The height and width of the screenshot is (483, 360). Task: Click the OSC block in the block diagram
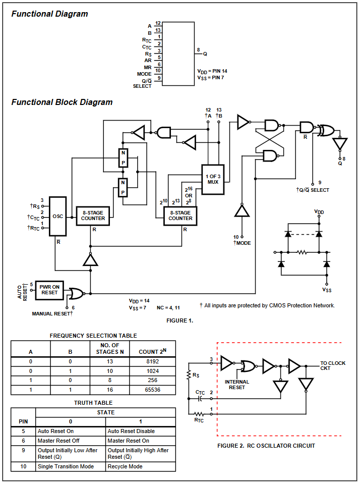point(58,216)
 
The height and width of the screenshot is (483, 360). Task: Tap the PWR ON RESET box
point(49,289)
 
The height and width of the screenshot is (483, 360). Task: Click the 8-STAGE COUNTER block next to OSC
point(93,216)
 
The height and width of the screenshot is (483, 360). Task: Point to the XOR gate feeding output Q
point(326,130)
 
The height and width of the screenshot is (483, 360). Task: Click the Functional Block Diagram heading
point(62,102)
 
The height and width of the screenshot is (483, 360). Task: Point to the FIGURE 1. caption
point(179,320)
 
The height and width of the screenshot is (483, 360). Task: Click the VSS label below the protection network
point(327,290)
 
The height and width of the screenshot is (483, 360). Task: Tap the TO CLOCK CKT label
point(333,365)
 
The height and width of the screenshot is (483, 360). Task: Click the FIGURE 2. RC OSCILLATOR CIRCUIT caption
point(266,446)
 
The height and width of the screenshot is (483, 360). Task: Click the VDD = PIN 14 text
point(212,71)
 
